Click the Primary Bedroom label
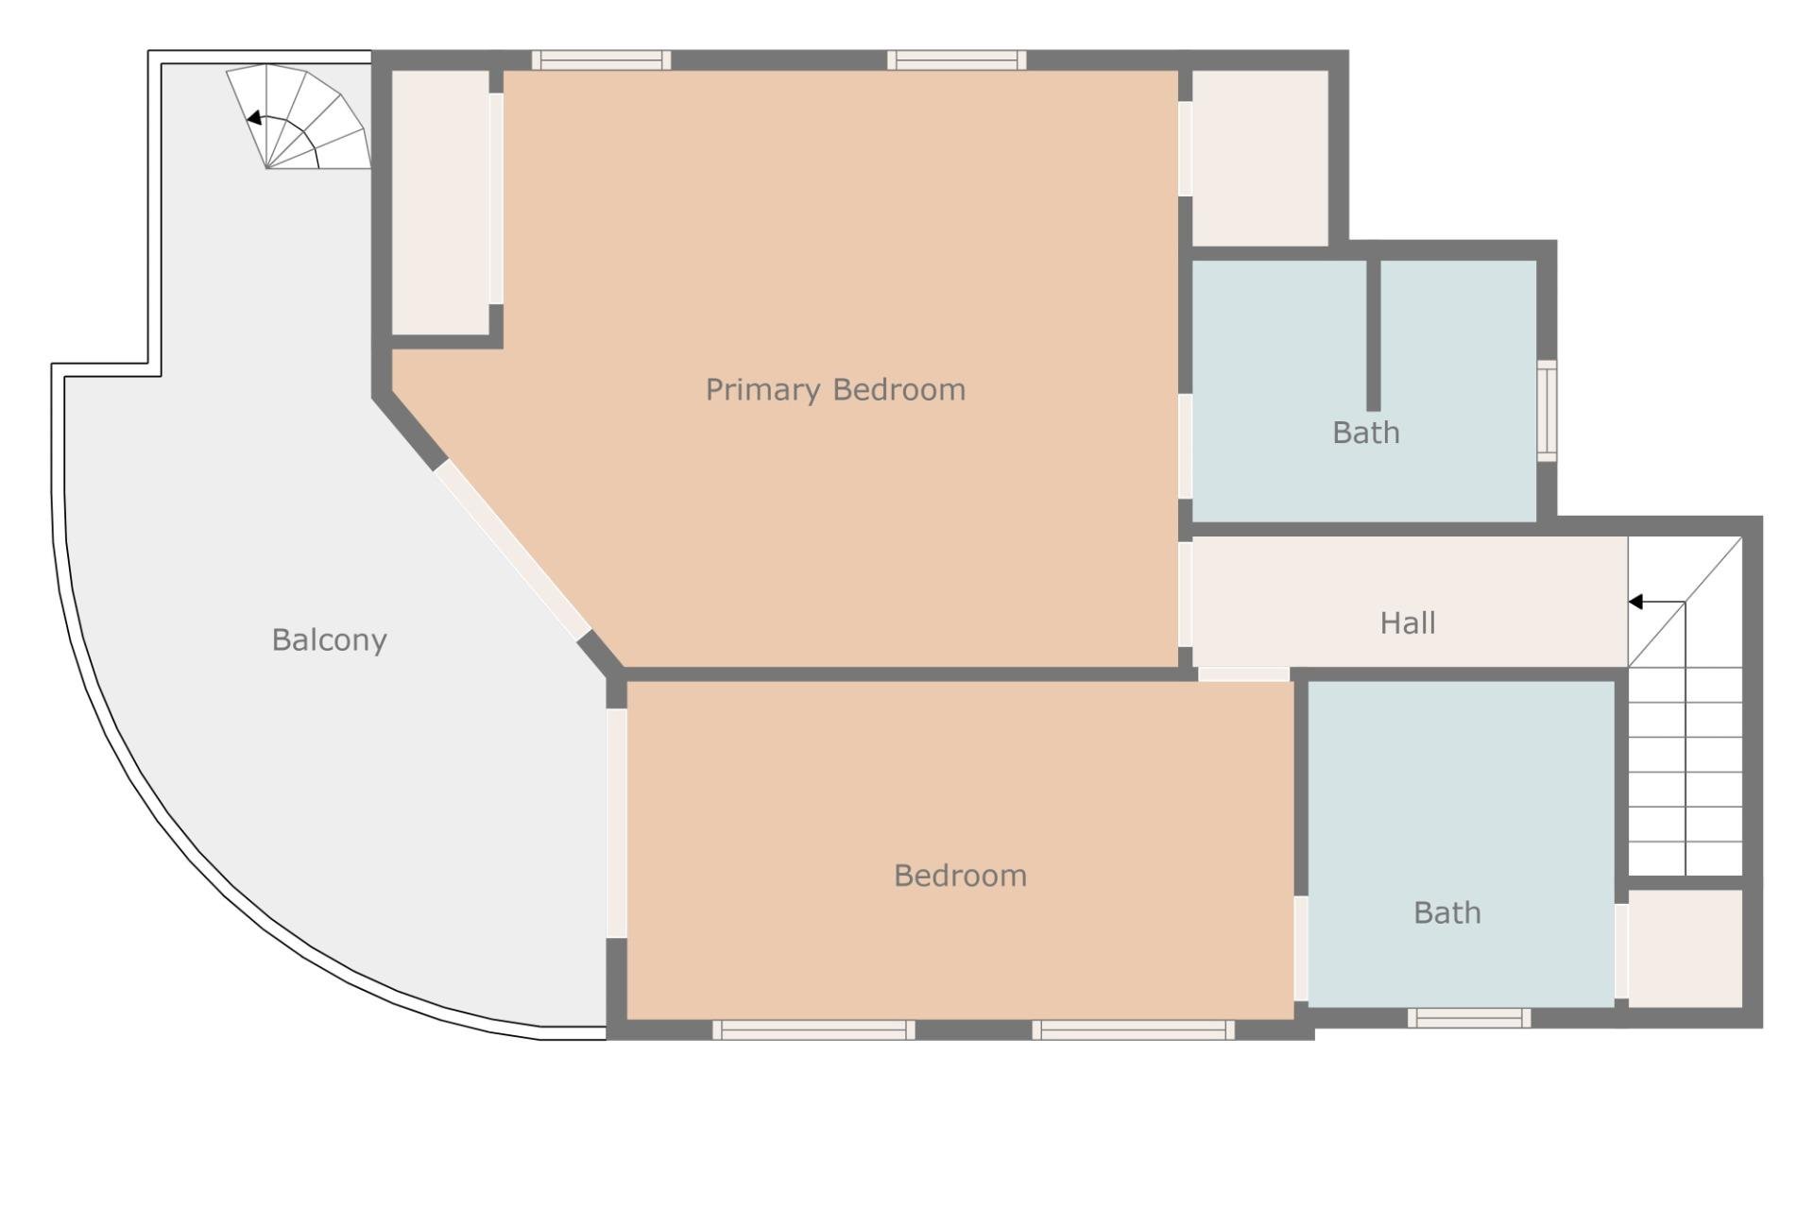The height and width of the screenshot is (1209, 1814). click(835, 389)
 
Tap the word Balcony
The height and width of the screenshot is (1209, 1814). click(329, 639)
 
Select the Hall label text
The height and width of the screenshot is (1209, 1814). click(1407, 622)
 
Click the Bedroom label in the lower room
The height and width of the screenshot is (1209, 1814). click(960, 876)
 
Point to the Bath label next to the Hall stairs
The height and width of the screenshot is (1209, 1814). click(1446, 912)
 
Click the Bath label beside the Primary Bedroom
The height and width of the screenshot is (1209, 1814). click(1365, 433)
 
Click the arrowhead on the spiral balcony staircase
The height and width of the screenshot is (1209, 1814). click(253, 118)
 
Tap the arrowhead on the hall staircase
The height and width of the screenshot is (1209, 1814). click(1635, 602)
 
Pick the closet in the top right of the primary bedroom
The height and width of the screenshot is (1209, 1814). click(1260, 158)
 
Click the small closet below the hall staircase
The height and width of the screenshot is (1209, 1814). click(1685, 947)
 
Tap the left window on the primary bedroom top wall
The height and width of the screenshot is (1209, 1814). click(601, 60)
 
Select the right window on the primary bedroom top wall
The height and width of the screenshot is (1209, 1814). click(956, 60)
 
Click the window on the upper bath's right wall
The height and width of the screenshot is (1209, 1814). click(1546, 411)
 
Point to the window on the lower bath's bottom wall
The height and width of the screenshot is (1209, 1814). click(1468, 1017)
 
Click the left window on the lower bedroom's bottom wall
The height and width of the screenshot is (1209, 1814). click(813, 1030)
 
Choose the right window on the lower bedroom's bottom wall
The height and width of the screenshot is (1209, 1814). click(1133, 1030)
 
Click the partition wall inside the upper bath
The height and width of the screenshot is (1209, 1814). click(1373, 335)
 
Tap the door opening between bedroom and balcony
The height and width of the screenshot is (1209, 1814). click(616, 823)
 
